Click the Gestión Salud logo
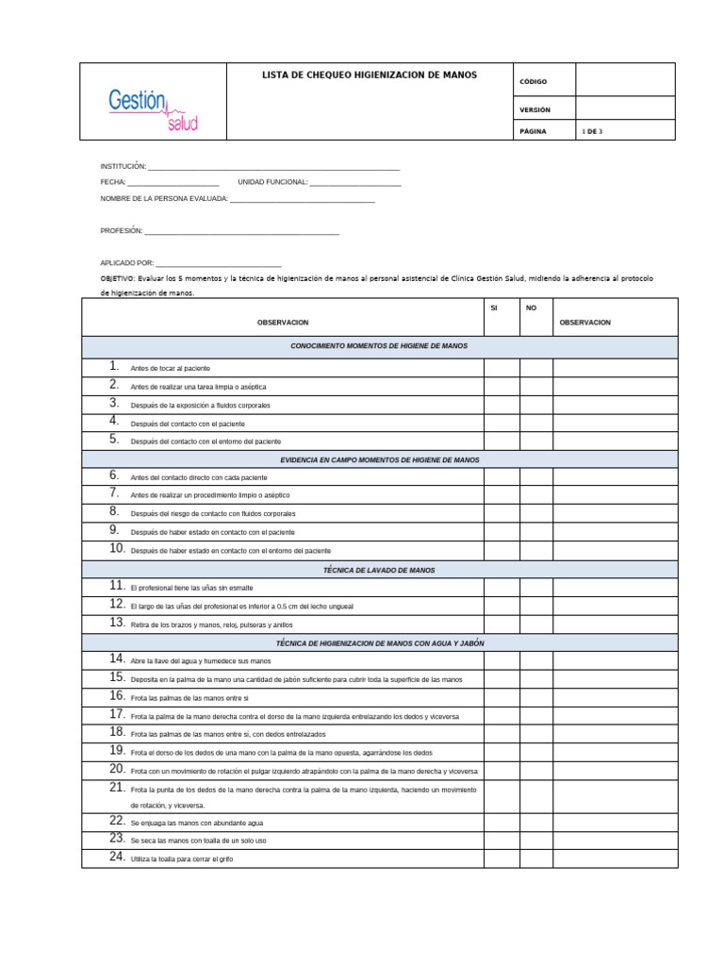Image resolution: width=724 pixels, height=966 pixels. point(154,109)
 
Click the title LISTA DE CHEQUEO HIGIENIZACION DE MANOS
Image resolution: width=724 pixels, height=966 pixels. point(370,75)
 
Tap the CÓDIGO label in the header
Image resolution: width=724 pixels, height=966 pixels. point(533,82)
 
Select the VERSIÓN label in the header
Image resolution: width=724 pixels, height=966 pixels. point(535,109)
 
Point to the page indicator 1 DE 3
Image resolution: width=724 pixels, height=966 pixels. point(593,132)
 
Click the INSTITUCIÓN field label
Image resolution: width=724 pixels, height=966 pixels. point(123,166)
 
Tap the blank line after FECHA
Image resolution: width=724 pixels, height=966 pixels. point(173,182)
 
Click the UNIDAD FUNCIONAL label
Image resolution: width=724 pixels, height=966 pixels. point(272,182)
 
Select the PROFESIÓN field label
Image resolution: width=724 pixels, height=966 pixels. point(121,230)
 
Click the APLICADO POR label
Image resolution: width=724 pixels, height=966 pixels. point(126,264)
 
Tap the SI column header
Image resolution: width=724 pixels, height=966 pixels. point(494,308)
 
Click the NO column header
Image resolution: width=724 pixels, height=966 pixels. point(531,308)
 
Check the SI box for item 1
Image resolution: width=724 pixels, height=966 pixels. point(502,367)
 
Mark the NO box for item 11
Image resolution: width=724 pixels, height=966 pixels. point(535,587)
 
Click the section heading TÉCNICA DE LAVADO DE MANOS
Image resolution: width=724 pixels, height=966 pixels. point(379,570)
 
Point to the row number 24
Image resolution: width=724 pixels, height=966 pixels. point(117,858)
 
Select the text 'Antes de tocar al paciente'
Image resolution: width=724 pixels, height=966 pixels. point(170,368)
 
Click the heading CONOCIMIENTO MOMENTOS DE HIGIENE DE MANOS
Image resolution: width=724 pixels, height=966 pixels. point(379,346)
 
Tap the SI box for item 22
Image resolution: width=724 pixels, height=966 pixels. point(502,823)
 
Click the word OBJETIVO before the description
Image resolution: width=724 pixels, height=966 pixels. point(116,279)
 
